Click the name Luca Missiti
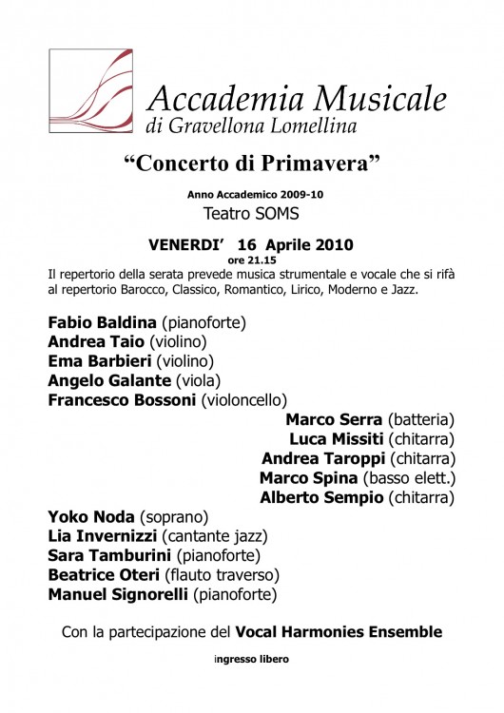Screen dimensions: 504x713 pyautogui.click(x=336, y=438)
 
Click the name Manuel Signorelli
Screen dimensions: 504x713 pyautogui.click(x=117, y=595)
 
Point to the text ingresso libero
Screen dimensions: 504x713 pyautogui.click(x=251, y=659)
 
